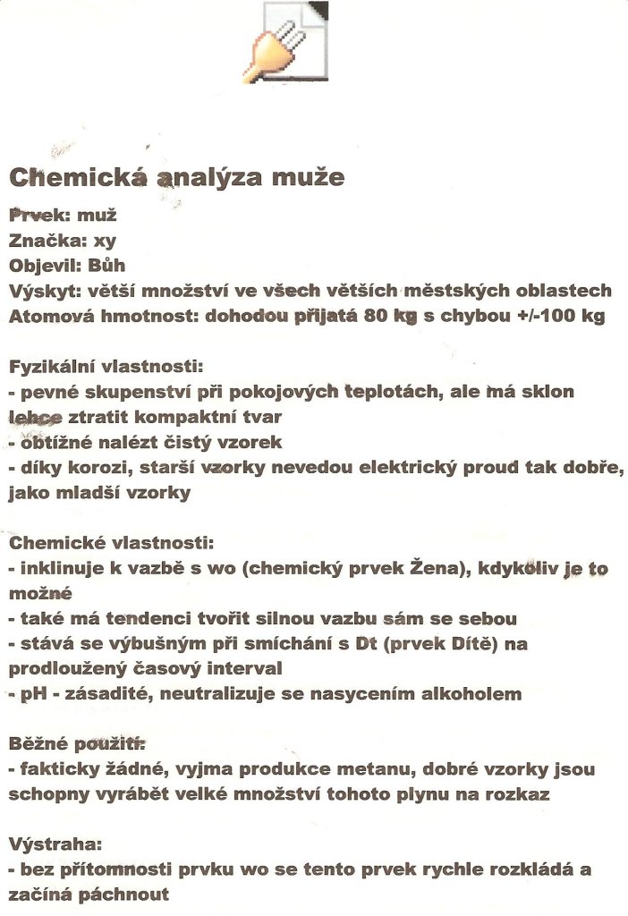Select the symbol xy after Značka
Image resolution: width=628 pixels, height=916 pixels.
(106, 240)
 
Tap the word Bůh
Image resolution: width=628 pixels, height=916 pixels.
(106, 265)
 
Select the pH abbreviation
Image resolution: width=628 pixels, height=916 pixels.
(31, 693)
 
